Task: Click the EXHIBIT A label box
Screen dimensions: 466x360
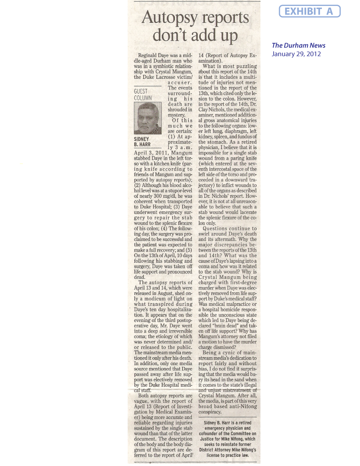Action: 310,11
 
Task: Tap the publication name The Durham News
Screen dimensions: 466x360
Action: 299,45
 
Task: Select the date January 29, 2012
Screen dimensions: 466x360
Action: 296,54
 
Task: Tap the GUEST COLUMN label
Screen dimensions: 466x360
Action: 143,94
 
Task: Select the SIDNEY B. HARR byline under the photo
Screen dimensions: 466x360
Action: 141,141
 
